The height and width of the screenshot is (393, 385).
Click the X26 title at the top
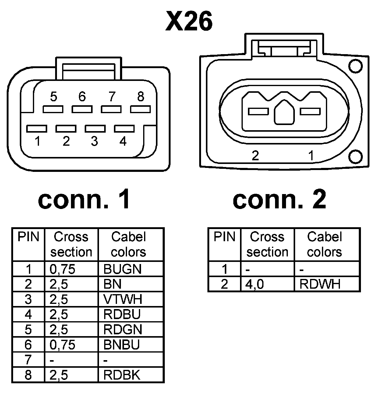coord(189,22)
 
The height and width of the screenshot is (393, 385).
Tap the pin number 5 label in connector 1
coord(54,97)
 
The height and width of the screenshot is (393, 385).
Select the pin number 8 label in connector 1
coord(140,97)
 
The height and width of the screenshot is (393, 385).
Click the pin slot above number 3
coord(95,128)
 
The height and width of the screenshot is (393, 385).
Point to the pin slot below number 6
coord(82,109)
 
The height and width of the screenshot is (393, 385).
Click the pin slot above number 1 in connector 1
coord(37,128)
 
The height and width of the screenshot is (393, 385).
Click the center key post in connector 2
coord(284,113)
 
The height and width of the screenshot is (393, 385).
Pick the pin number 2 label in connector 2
coord(255,156)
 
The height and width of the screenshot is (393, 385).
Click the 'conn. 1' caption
coord(84,200)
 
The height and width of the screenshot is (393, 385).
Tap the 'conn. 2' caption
coord(279,200)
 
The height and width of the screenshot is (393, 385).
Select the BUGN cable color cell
coord(122,269)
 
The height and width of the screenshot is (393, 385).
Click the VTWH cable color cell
coord(123,299)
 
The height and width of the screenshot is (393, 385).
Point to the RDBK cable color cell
coord(122,375)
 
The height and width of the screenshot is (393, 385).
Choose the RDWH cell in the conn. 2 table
coord(320,284)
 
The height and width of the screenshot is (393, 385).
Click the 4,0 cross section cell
coord(255,284)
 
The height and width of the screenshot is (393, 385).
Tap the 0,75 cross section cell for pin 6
coord(62,345)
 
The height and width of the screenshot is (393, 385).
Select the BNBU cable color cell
coord(122,345)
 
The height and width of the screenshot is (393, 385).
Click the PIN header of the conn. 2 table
coord(224,237)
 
